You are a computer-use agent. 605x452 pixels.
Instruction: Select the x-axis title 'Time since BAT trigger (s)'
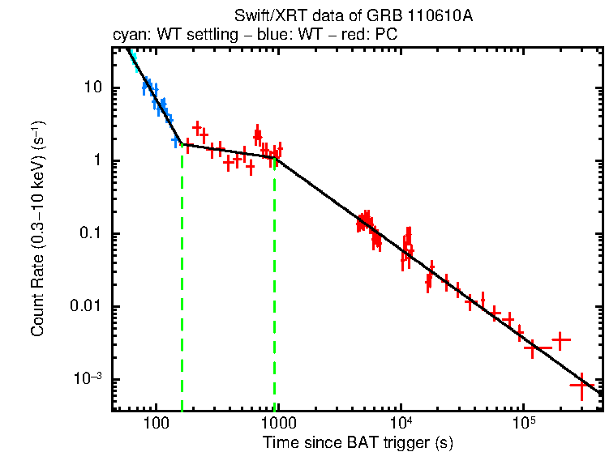(358, 442)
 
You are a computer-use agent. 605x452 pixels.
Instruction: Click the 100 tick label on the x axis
(155, 424)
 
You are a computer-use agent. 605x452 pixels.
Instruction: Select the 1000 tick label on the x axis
(278, 424)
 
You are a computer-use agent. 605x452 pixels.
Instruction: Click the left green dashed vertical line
(182, 284)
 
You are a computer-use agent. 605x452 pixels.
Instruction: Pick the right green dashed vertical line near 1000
(275, 284)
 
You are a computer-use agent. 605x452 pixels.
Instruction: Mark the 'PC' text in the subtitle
(386, 36)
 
